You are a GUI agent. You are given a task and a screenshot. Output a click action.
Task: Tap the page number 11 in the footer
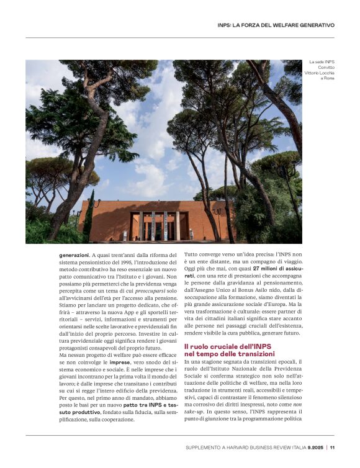[333, 447]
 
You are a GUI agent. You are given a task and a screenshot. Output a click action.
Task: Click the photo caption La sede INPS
[322, 62]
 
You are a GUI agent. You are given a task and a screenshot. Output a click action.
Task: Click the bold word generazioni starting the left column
[74, 254]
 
